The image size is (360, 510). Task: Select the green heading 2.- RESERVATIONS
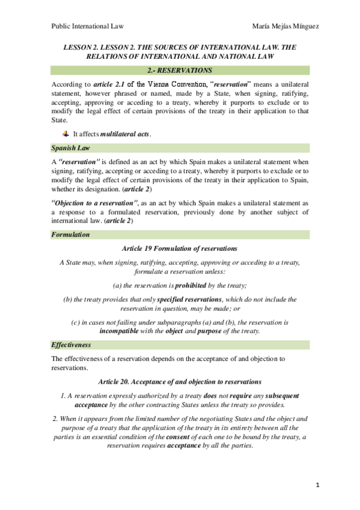[180, 70]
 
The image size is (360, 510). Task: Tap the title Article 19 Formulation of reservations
[180, 248]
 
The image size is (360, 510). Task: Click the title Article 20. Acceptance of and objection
[180, 381]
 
